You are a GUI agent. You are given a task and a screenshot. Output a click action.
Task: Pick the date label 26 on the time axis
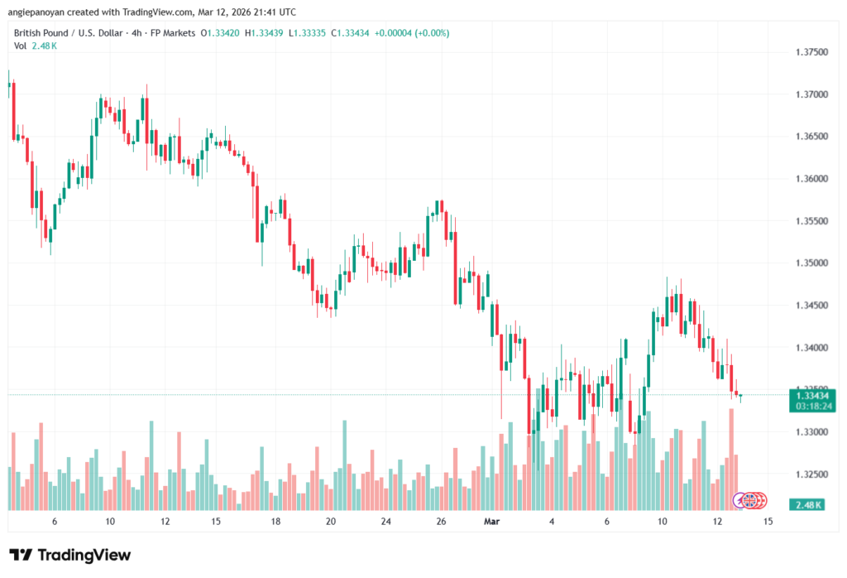[441, 522]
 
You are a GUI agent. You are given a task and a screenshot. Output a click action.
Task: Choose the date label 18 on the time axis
[275, 522]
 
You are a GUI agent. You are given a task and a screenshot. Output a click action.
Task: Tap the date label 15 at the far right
[768, 522]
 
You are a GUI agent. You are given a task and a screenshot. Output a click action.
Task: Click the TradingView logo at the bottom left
[70, 555]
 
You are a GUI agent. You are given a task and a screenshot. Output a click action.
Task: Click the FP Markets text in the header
[173, 33]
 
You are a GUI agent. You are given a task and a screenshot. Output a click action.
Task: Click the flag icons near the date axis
[751, 500]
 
